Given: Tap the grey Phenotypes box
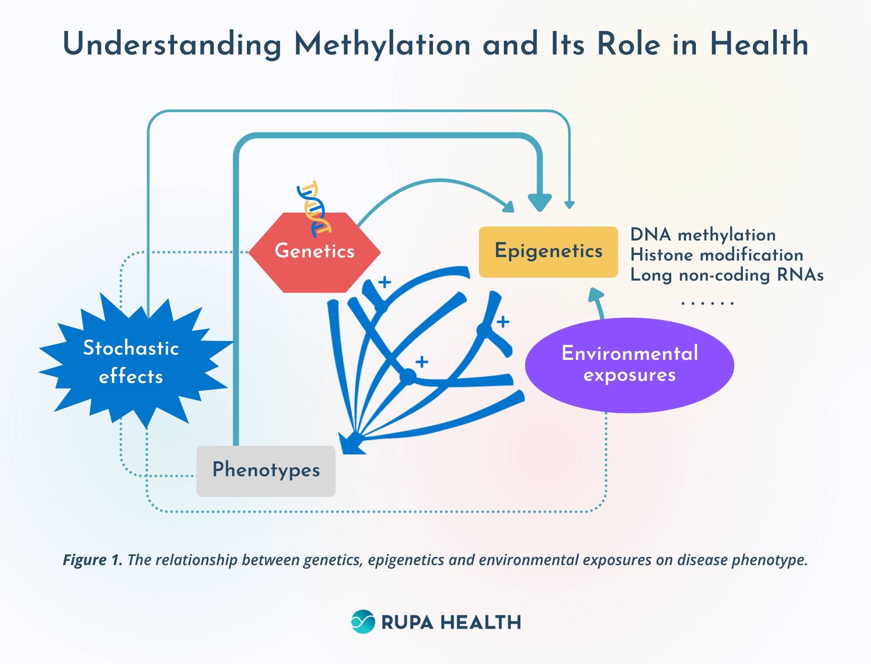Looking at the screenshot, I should point(266,471).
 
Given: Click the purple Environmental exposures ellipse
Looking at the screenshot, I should point(629,365).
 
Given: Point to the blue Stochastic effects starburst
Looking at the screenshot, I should point(131,362).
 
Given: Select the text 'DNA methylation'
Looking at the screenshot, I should point(703,235).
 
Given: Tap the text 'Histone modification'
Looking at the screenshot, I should point(716,255).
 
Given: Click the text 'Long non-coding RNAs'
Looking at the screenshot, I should point(727,275).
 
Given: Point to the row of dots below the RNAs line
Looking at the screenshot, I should point(707,303).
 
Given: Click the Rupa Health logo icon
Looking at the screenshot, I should point(363,622).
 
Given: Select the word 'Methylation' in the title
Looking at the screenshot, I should point(382,45).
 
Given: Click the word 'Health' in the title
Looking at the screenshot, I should point(759,44).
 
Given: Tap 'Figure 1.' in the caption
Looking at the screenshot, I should point(92,560).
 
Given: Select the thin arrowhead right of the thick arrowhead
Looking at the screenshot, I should point(569,205).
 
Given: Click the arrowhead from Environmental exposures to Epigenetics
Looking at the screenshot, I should point(595,295).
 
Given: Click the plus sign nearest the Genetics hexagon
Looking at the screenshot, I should point(385,282).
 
